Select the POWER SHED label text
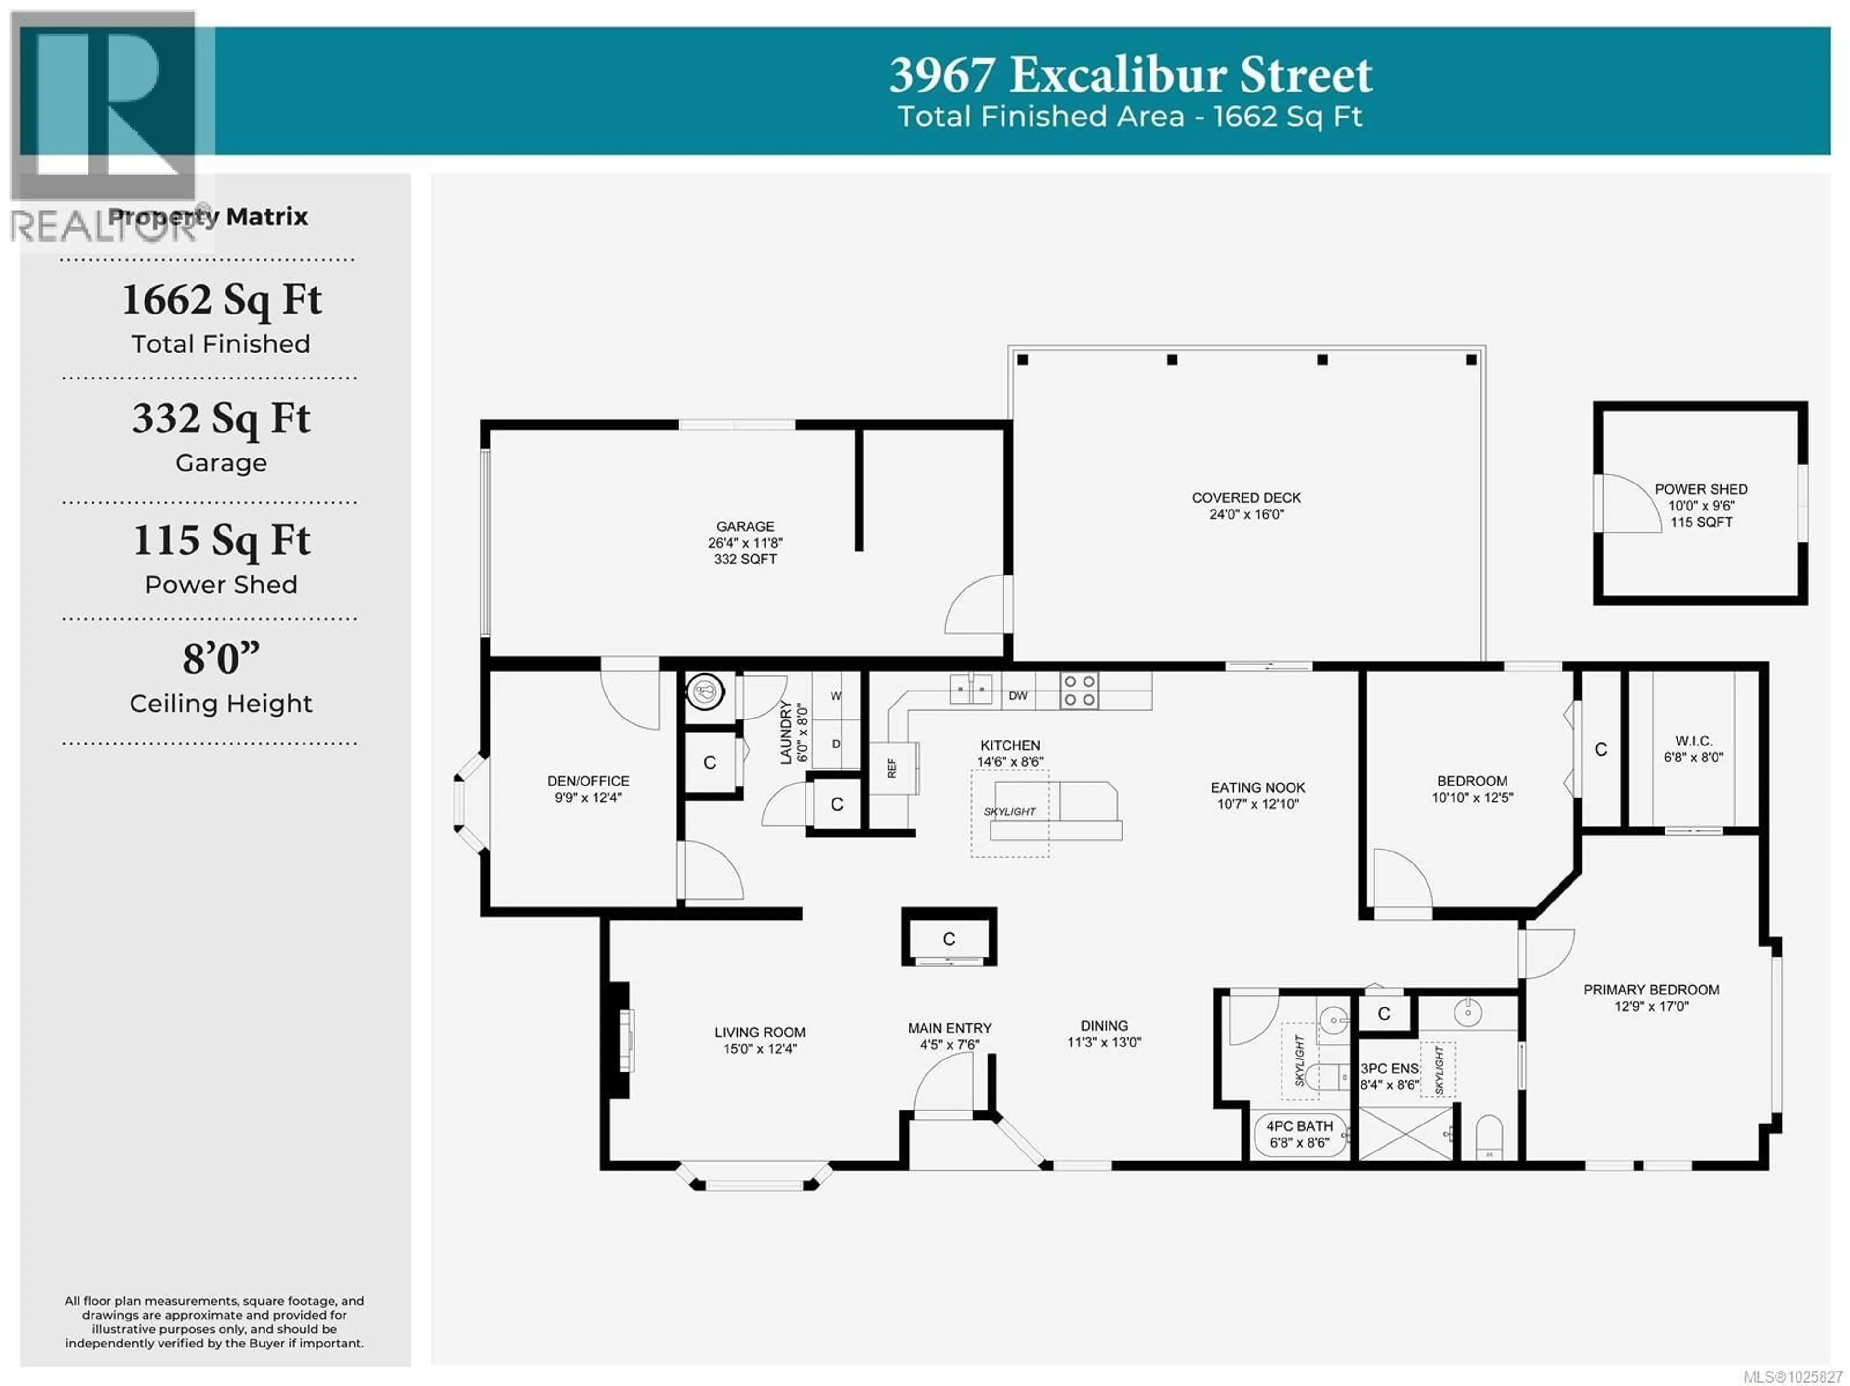(1700, 489)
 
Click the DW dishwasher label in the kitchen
(1018, 695)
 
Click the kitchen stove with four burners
(1079, 692)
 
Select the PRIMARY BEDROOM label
(1651, 990)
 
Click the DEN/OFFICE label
(588, 781)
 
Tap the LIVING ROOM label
(759, 1033)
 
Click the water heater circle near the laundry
(704, 692)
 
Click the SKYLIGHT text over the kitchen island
(1009, 811)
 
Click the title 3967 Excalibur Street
(1130, 75)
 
